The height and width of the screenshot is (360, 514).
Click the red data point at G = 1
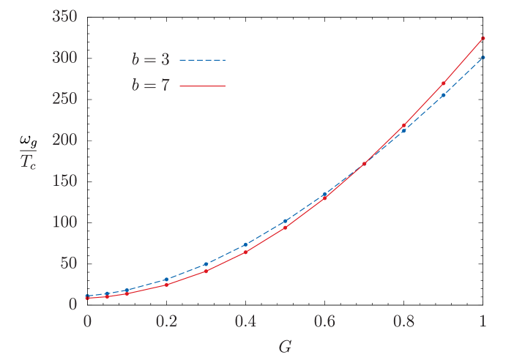coord(483,37)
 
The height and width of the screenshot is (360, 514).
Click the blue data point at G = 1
coord(483,56)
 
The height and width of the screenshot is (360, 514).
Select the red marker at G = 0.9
coord(444,83)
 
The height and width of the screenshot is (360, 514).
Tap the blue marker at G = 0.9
coord(444,95)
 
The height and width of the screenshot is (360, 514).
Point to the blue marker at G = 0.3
coord(206,263)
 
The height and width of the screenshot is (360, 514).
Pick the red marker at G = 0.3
coord(206,271)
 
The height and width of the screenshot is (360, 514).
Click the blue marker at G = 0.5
coord(285,221)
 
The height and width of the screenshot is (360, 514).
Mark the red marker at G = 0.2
coord(166,285)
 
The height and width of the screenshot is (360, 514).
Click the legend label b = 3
coord(150,60)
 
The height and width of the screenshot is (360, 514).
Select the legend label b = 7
coord(150,86)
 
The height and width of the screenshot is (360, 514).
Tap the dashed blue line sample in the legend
coord(201,60)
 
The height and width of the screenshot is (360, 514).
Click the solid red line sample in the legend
coord(201,86)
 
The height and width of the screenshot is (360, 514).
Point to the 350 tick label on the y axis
coord(65,16)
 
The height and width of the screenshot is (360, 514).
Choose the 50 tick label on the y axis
coord(69,263)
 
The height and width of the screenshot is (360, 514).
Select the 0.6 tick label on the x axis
coord(324,322)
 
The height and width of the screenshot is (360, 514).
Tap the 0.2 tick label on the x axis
coord(166,322)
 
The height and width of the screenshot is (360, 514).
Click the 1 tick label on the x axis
coord(483,322)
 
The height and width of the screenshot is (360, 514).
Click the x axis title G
coord(285,346)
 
